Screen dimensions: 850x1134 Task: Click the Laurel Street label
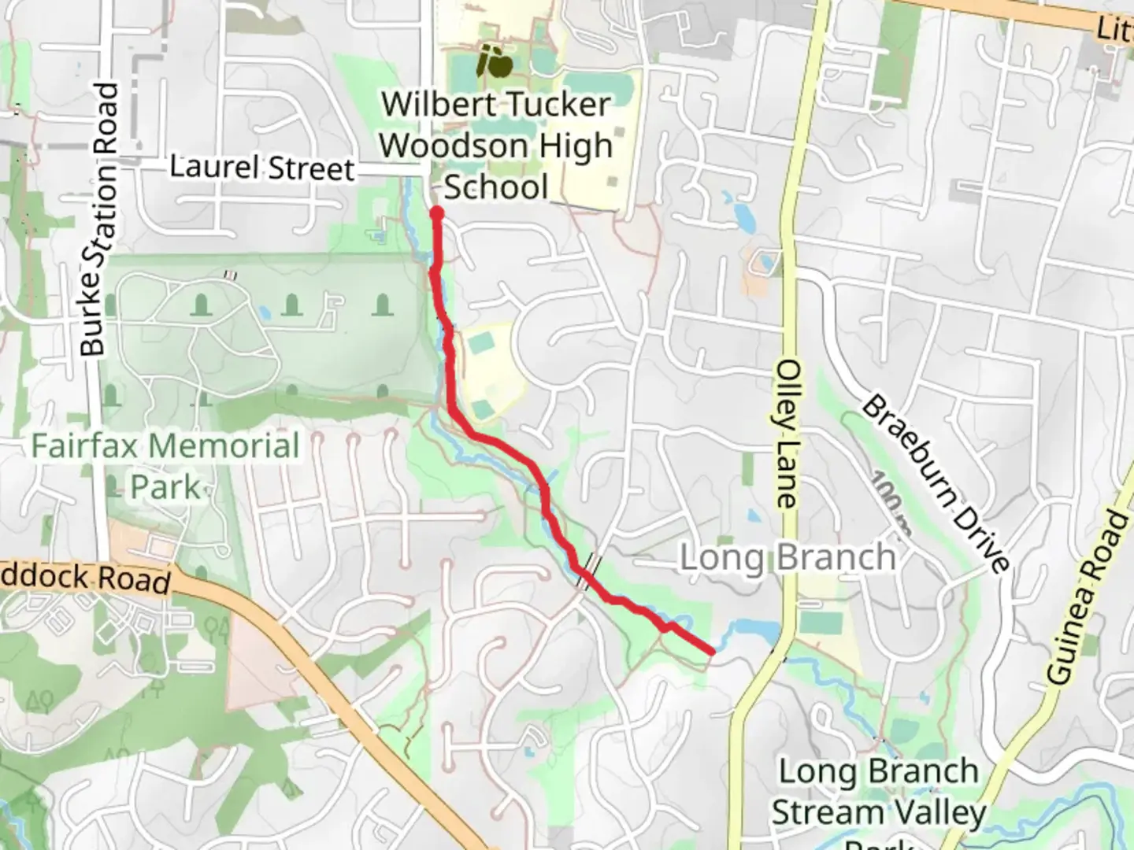click(262, 168)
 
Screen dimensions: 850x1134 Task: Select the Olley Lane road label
click(787, 434)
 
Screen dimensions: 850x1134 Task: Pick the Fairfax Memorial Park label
click(165, 466)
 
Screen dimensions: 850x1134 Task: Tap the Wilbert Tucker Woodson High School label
click(496, 146)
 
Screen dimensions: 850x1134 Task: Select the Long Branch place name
click(787, 558)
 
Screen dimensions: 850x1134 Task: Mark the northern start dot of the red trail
click(436, 213)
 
